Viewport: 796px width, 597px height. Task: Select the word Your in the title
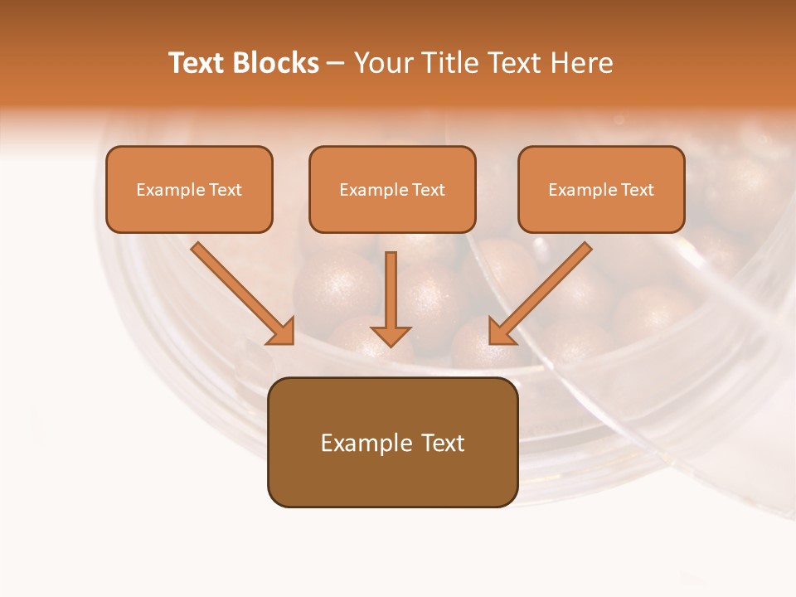[381, 63]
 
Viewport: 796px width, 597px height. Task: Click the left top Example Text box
[189, 189]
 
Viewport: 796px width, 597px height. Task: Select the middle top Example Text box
[392, 189]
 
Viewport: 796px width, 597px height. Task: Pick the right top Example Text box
[601, 189]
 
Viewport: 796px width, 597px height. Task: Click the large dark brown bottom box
[392, 443]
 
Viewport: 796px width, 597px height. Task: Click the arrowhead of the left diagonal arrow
[282, 332]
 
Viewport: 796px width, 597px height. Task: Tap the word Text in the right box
[637, 190]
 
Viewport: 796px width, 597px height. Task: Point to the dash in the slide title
[336, 64]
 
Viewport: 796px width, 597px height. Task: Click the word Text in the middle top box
[428, 190]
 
